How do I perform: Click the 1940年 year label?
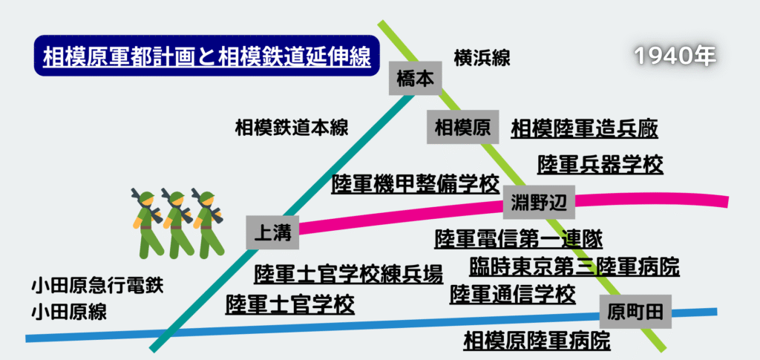tap(675, 56)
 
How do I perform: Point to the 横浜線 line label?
tap(482, 58)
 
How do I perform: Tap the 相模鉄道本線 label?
tap(292, 127)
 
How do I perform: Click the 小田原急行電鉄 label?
tap(96, 285)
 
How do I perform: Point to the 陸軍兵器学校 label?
tap(600, 163)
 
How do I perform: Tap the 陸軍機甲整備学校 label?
tap(416, 183)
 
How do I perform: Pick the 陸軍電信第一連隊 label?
tap(518, 238)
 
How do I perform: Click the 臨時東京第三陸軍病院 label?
tap(574, 266)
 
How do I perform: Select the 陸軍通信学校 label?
tap(513, 294)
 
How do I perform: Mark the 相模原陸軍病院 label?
tap(537, 341)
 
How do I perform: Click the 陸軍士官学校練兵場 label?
tap(348, 274)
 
